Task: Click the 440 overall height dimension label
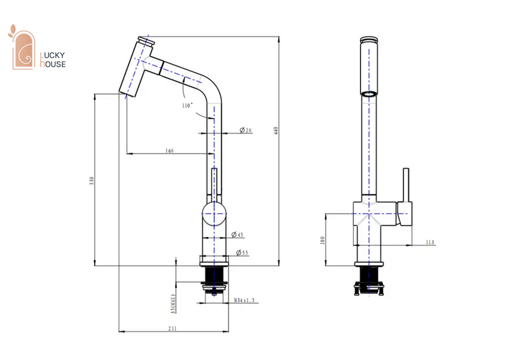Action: click(x=276, y=131)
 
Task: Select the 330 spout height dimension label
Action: click(x=91, y=181)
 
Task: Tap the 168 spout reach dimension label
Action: click(x=170, y=151)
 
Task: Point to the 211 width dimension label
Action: click(x=172, y=328)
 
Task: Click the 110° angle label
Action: click(x=187, y=106)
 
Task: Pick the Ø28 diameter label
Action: click(x=246, y=130)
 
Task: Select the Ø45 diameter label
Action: click(x=238, y=235)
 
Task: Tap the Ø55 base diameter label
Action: click(x=242, y=253)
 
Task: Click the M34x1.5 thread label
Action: click(x=245, y=301)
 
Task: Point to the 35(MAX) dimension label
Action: click(x=173, y=304)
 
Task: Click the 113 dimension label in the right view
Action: click(x=430, y=242)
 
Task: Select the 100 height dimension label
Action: click(x=323, y=241)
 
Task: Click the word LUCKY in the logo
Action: click(x=52, y=55)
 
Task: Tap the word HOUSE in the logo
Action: click(x=53, y=64)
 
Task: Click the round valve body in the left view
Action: click(x=214, y=214)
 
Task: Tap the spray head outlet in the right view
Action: click(x=369, y=94)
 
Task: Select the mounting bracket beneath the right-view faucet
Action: click(x=369, y=289)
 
